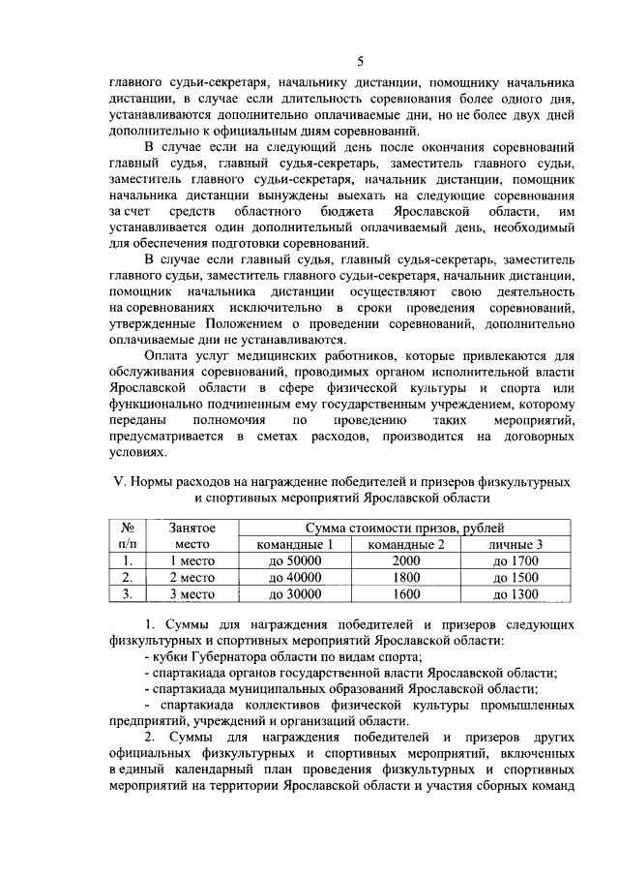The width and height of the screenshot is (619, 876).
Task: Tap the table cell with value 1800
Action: click(407, 578)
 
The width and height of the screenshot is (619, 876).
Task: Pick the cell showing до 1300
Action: click(515, 594)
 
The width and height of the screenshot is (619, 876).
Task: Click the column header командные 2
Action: click(407, 544)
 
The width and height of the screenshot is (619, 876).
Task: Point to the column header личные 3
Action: click(515, 544)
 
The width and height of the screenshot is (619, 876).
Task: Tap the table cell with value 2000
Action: click(407, 560)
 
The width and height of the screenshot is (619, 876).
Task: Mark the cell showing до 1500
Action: click(515, 578)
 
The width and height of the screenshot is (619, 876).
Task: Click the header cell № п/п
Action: click(127, 536)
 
